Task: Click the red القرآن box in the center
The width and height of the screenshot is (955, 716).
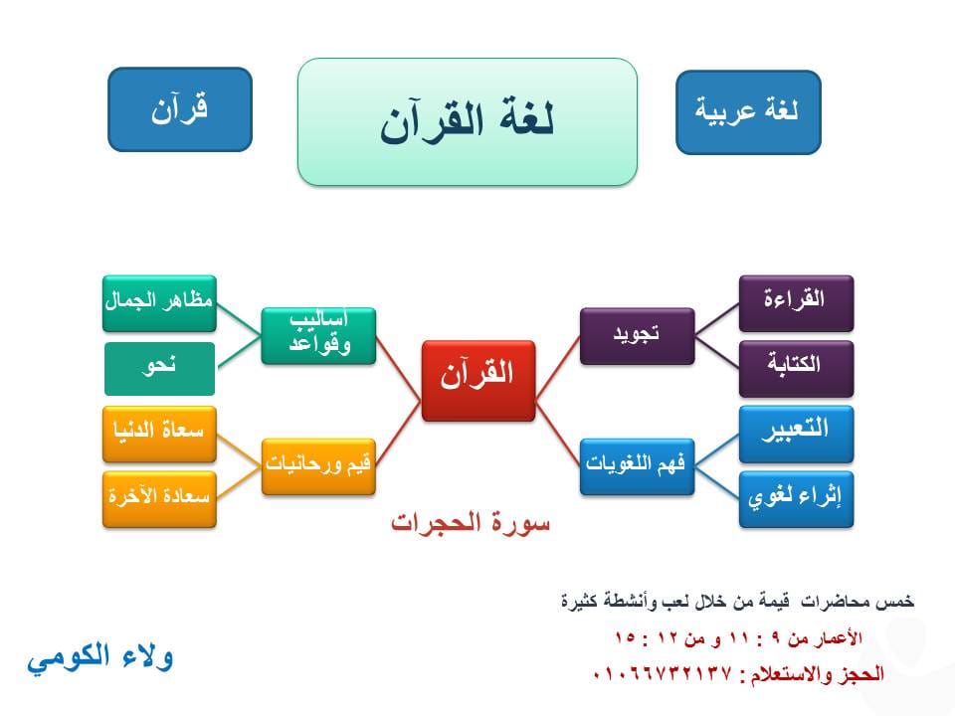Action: coord(478,381)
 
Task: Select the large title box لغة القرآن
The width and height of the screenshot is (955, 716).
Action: coord(468,121)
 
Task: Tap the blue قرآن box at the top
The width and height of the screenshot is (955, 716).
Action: coord(180,109)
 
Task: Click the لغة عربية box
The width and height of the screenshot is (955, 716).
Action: coord(748,112)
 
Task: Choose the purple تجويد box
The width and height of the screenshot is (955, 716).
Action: coord(637,336)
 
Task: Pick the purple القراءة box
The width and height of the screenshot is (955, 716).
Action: coord(796,303)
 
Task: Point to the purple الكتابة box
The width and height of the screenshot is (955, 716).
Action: coord(796,369)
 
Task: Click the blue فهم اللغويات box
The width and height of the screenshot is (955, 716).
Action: coord(637,466)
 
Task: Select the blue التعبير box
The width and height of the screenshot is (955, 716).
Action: coord(796,435)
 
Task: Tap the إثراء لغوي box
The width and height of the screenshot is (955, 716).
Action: coord(796,499)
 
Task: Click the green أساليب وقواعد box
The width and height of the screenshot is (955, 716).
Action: coord(318,336)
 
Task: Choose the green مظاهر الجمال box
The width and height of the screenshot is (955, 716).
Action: coord(159,303)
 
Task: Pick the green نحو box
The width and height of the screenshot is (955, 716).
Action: coord(159,369)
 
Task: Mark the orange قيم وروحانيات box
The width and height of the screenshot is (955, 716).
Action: coord(318,466)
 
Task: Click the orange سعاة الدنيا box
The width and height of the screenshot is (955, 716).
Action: coord(159,435)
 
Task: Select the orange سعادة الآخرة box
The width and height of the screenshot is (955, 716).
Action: coord(159,499)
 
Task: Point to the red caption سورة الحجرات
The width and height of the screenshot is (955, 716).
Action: coord(471,523)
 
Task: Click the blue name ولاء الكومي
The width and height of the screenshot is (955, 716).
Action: coord(100,657)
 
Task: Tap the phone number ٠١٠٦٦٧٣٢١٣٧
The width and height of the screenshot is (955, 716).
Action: coord(662,673)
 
